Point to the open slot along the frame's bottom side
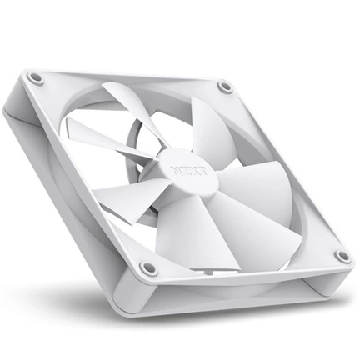[242, 287]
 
